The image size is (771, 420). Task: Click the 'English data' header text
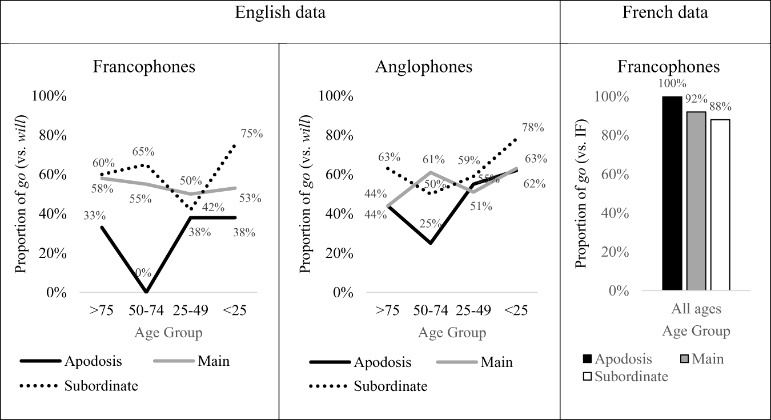[280, 13]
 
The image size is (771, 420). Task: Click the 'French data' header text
[665, 13]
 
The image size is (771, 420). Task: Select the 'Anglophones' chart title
[424, 67]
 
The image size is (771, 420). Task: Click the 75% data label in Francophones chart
[251, 134]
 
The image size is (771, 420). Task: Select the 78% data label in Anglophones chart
[532, 128]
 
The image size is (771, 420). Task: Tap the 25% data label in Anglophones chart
[430, 224]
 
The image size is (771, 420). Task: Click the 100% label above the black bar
[672, 84]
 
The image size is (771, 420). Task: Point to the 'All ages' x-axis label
[696, 309]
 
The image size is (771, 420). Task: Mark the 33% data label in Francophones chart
[94, 216]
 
